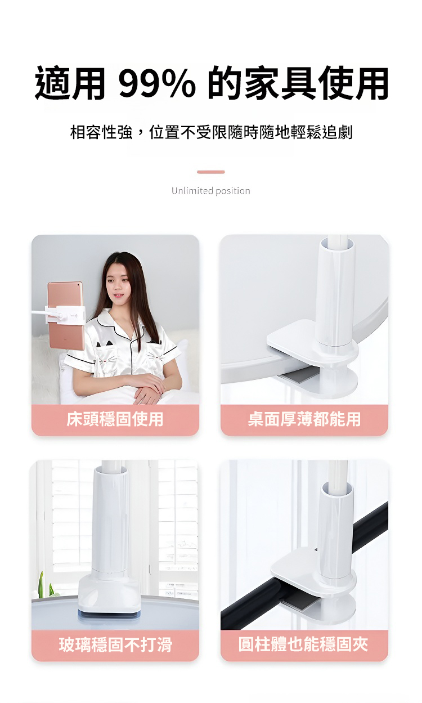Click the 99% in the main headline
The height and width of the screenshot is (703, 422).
click(x=157, y=83)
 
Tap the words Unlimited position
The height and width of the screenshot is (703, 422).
click(x=211, y=191)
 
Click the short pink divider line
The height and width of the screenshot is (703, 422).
click(x=211, y=172)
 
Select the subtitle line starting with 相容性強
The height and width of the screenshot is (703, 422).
click(x=212, y=132)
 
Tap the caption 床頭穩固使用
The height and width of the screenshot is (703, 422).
click(x=115, y=419)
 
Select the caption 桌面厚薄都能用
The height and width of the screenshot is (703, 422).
click(x=304, y=419)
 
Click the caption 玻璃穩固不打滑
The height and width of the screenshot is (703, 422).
click(x=115, y=644)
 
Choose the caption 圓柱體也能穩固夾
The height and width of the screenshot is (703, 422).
click(x=303, y=644)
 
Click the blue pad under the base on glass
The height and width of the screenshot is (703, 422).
click(x=109, y=615)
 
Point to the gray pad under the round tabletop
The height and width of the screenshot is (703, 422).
click(x=301, y=375)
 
